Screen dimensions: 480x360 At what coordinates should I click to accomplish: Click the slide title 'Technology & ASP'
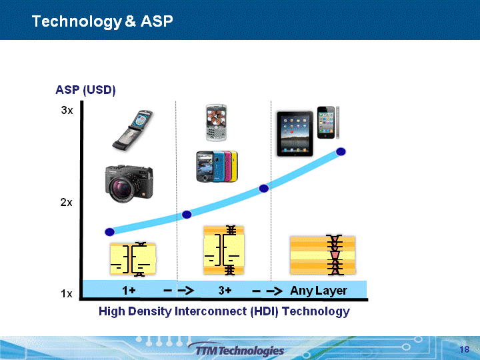[x=102, y=21]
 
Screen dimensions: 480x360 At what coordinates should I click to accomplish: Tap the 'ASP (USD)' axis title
[x=86, y=90]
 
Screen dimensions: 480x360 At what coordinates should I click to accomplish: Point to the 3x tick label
[x=67, y=110]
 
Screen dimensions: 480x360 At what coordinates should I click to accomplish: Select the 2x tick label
[x=67, y=203]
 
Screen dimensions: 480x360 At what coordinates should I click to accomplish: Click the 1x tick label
[x=67, y=294]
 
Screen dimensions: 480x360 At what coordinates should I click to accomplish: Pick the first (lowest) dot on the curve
[x=109, y=232]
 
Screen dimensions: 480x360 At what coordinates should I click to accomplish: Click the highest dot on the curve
[x=341, y=151]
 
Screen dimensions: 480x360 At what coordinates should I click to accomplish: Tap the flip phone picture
[x=132, y=130]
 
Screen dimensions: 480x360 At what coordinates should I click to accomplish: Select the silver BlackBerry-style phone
[x=216, y=123]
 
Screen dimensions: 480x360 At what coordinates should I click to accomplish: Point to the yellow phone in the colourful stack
[x=234, y=166]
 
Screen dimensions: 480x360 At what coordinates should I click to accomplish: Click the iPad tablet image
[x=295, y=134]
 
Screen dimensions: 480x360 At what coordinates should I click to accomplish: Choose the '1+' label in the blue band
[x=129, y=290]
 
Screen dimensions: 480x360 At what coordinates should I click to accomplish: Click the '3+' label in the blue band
[x=225, y=290]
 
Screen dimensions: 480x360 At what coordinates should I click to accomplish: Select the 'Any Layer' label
[x=319, y=291]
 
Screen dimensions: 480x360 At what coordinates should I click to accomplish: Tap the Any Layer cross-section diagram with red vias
[x=323, y=255]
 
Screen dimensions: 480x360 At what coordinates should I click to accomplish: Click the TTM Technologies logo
[x=236, y=349]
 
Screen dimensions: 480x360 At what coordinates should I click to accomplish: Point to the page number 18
[x=465, y=349]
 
